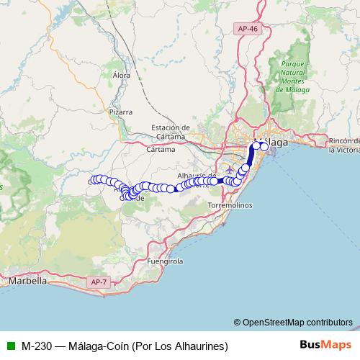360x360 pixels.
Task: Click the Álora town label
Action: coord(122,74)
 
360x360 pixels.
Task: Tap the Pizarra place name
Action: coord(121,112)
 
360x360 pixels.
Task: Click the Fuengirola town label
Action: coord(166,261)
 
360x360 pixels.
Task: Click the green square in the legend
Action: coord(10,345)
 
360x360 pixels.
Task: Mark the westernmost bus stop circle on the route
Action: coord(92,180)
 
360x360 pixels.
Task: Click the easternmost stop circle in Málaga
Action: coord(264,147)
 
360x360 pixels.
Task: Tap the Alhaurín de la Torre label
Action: coord(197,177)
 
